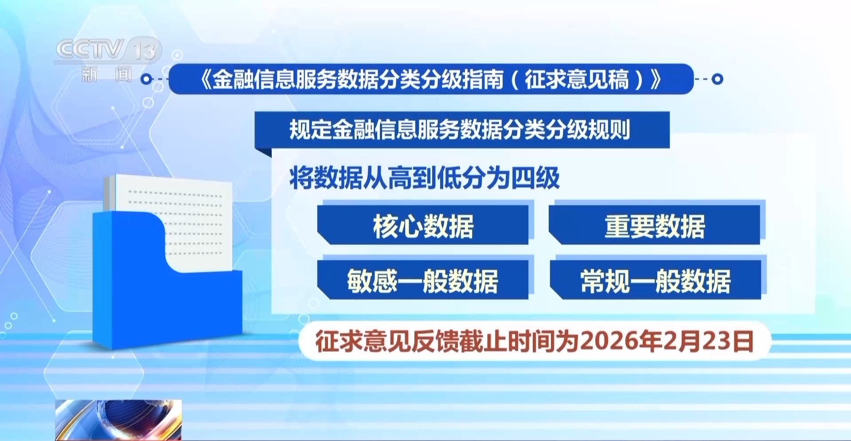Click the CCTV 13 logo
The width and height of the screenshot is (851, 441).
coord(108,50)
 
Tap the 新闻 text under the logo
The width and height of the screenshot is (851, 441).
coord(107,74)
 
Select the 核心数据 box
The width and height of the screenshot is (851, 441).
coord(423,225)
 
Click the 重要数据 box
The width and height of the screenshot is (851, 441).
coord(655,225)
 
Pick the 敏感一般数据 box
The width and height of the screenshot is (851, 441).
coord(423,280)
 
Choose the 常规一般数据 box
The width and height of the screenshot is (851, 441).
coord(656,280)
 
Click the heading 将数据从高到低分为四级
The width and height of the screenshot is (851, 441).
coord(424,178)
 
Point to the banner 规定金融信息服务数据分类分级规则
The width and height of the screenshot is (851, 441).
coord(462,130)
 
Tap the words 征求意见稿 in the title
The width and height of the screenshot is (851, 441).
coord(577,80)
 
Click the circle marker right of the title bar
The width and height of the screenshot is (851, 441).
coord(717,79)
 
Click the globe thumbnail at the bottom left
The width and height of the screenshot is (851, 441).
coord(118,420)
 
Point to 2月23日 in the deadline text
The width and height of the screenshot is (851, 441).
coord(708,341)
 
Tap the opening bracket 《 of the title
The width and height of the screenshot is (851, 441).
coord(205,80)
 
